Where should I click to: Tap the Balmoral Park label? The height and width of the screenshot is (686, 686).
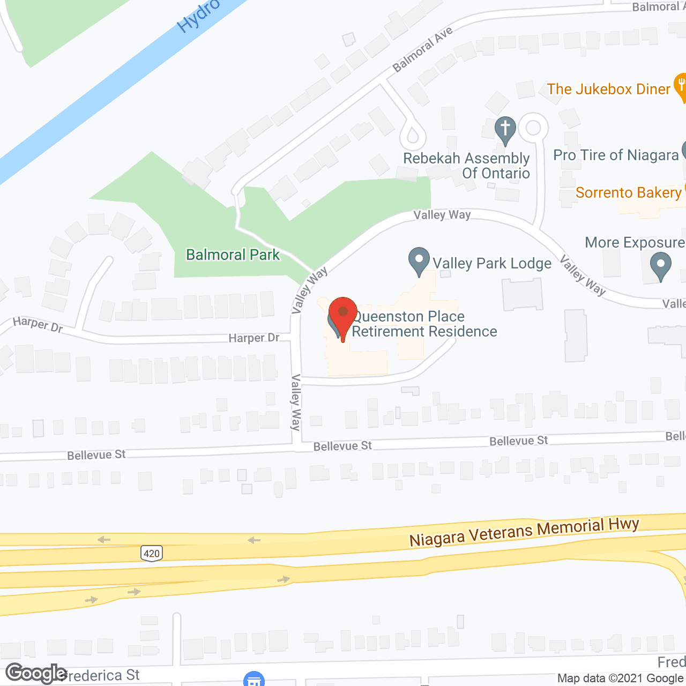point(233,255)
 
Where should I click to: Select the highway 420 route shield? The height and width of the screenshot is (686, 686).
point(152,553)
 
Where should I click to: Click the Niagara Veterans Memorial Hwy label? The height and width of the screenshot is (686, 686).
point(524,532)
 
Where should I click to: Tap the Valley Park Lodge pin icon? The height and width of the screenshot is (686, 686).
point(419,260)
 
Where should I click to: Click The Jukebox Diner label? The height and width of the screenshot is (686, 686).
point(608,89)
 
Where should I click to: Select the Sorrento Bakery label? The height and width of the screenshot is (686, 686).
point(628,192)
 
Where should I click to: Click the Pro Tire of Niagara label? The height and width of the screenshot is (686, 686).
point(616,155)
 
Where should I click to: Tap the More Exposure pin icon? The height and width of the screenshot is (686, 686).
point(660,266)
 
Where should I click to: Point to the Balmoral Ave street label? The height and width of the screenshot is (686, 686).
point(422,49)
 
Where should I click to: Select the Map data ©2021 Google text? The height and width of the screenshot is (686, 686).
point(621,678)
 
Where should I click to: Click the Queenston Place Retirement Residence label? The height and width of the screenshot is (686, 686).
point(423,324)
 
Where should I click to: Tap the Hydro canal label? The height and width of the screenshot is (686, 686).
point(198,16)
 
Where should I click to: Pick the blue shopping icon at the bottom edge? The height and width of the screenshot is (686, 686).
point(254,680)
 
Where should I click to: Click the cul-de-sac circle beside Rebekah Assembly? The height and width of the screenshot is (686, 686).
point(533,128)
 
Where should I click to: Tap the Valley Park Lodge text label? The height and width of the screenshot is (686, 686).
point(492,263)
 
